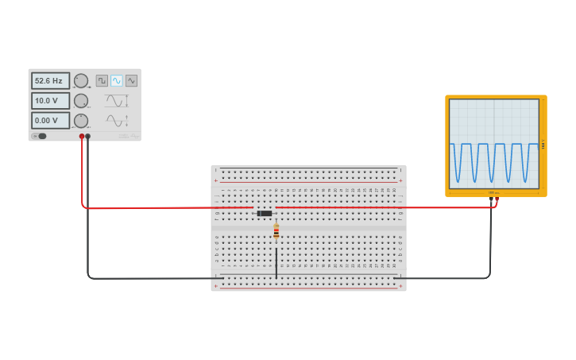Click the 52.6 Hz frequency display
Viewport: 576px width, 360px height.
click(50, 80)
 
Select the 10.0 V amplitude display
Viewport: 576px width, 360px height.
click(50, 101)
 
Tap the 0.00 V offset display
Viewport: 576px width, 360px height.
click(50, 121)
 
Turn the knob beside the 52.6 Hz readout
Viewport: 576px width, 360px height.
click(81, 80)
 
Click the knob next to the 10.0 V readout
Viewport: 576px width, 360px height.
click(81, 101)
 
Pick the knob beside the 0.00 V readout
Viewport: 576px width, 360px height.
click(81, 121)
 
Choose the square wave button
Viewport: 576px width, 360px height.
click(102, 80)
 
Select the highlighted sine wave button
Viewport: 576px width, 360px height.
click(117, 80)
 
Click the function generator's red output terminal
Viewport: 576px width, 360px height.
click(82, 137)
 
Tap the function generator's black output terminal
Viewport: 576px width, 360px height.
click(88, 137)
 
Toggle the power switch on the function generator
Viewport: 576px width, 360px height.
click(40, 136)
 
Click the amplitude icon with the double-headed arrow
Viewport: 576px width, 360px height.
click(117, 101)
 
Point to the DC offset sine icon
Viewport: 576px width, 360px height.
click(117, 121)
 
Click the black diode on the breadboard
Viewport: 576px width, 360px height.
click(265, 213)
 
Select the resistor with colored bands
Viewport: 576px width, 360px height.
click(276, 231)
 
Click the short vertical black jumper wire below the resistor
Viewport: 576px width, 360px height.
click(276, 262)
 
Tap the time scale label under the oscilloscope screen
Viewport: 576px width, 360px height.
click(493, 192)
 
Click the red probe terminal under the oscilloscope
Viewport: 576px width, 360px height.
click(496, 200)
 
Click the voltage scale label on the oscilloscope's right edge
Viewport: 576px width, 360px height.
click(543, 145)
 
